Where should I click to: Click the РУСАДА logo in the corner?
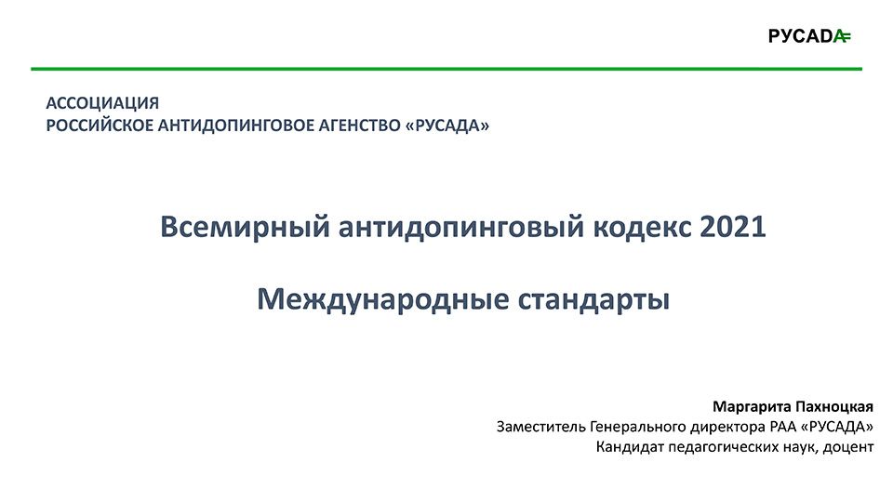coord(809,36)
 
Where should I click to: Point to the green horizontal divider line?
coord(446,69)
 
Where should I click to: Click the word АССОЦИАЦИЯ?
coord(102,103)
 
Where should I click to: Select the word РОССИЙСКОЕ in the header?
coord(100,125)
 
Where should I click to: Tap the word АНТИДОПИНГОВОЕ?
coord(235,125)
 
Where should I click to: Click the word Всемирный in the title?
coord(245,227)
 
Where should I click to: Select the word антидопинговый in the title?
coord(462,227)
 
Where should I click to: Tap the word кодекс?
coord(643,227)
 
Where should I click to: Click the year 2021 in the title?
coord(732,226)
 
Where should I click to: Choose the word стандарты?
coord(593,300)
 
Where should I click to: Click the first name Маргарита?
coord(752,407)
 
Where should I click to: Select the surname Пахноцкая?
coord(834,406)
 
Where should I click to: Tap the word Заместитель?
coord(541,427)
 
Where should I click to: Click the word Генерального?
coord(638,427)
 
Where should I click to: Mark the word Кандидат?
coord(631,447)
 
